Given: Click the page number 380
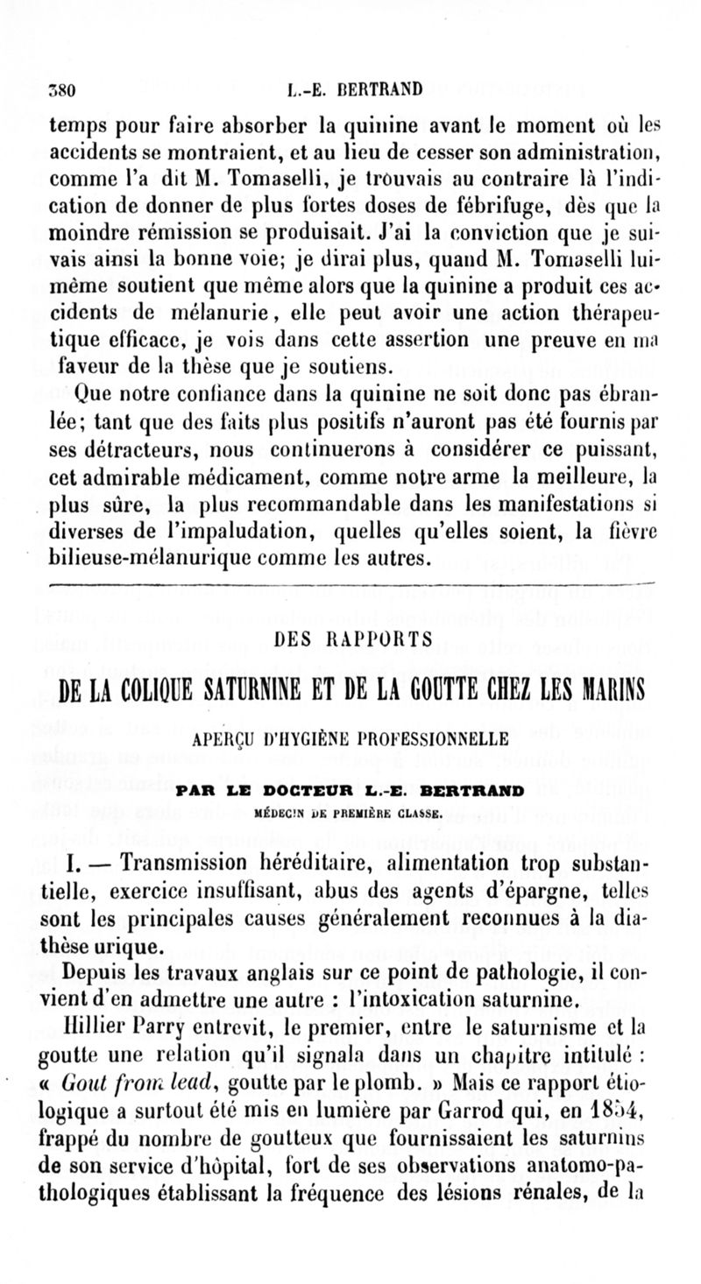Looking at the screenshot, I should pyautogui.click(x=64, y=88).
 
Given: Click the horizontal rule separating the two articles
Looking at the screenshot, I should pyautogui.click(x=351, y=583).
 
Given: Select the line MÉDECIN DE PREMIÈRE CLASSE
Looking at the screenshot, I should pyautogui.click(x=352, y=813).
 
